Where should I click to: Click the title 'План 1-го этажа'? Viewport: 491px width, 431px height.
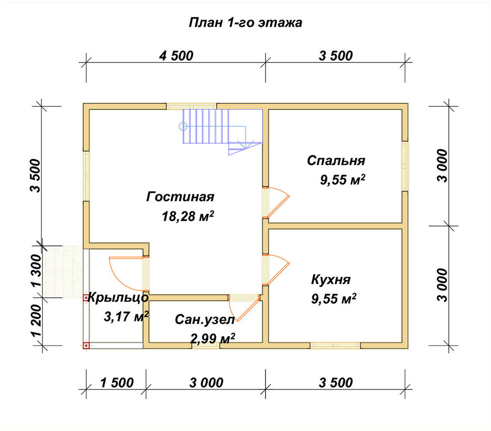point(245,23)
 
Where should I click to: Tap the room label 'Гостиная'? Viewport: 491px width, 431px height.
point(180,197)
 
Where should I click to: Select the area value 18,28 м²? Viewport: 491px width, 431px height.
point(188,216)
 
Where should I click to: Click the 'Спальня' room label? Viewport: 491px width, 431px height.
point(336,161)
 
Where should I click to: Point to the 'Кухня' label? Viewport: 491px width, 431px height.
point(330,279)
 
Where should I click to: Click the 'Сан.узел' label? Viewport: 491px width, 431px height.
point(205,320)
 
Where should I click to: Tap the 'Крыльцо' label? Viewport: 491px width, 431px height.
point(118,298)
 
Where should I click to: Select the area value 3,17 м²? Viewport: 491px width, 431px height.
point(126,317)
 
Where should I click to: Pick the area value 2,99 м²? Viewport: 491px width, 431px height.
point(213,338)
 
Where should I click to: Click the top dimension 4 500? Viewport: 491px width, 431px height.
point(176,56)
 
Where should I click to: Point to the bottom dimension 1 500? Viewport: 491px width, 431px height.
point(117,383)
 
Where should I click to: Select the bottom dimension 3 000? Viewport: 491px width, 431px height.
point(206,383)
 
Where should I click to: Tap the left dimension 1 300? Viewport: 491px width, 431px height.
point(36,270)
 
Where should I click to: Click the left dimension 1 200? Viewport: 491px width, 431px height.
point(36,320)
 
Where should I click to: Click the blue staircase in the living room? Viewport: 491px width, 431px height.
point(222,130)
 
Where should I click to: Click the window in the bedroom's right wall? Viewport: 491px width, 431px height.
point(405,166)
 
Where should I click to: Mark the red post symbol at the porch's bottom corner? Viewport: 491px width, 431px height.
point(86,345)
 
